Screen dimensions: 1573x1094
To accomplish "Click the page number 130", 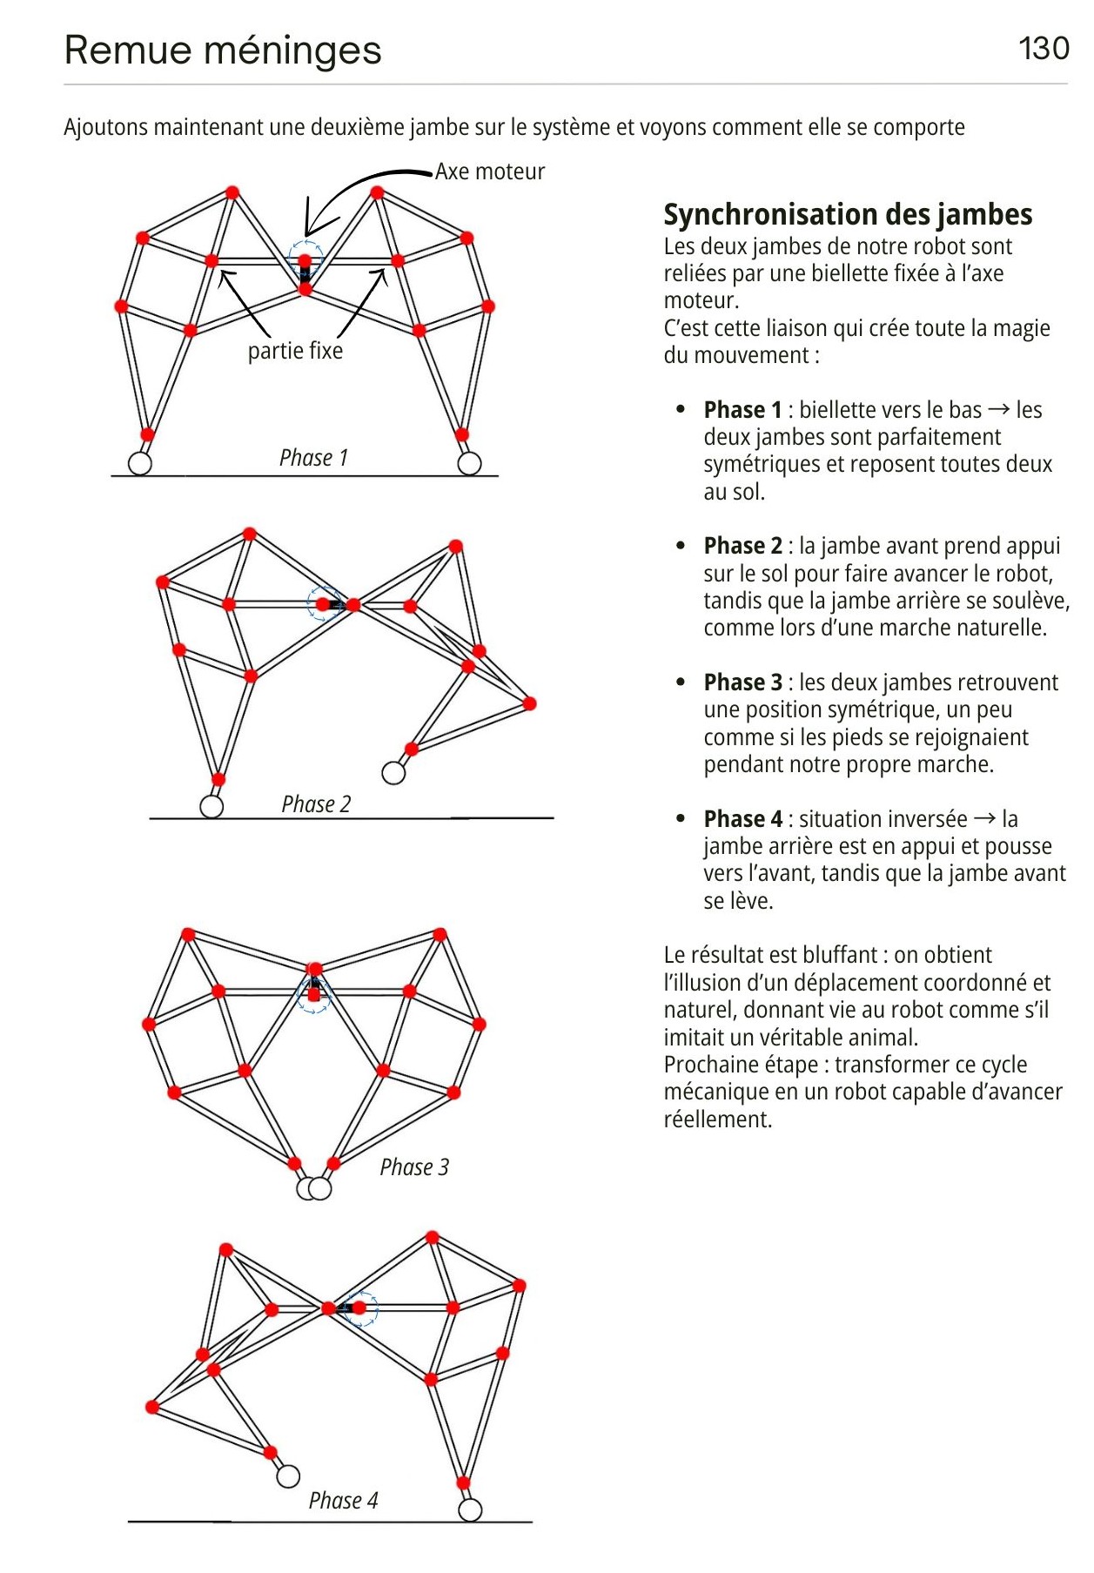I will (x=1043, y=49).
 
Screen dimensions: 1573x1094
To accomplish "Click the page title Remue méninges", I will (x=223, y=50).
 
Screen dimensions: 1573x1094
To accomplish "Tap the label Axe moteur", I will (x=490, y=171).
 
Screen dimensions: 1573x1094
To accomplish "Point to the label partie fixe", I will (x=295, y=351).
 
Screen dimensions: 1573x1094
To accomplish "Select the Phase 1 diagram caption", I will (x=313, y=458).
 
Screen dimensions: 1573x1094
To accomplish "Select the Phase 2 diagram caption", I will (x=316, y=804).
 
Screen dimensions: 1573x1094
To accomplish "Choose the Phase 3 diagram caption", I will (x=414, y=1167).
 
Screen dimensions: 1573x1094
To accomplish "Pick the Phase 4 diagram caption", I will (x=343, y=1501).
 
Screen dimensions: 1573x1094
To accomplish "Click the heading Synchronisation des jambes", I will (x=848, y=214).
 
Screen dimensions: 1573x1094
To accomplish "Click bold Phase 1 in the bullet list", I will (x=742, y=410).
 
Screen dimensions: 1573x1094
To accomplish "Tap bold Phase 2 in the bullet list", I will (x=742, y=546).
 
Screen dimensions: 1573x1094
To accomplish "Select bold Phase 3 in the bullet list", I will (x=742, y=682).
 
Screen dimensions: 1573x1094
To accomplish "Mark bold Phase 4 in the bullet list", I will (x=742, y=819).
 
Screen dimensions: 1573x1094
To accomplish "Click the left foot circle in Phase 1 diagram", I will (x=140, y=463).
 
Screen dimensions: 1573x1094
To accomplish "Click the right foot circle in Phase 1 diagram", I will (x=469, y=463).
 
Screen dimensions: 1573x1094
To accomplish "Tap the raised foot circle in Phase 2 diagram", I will (x=393, y=773).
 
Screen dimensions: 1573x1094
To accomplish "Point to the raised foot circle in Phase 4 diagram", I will (x=288, y=1476).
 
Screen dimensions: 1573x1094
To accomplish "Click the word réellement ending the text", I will (x=717, y=1119).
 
